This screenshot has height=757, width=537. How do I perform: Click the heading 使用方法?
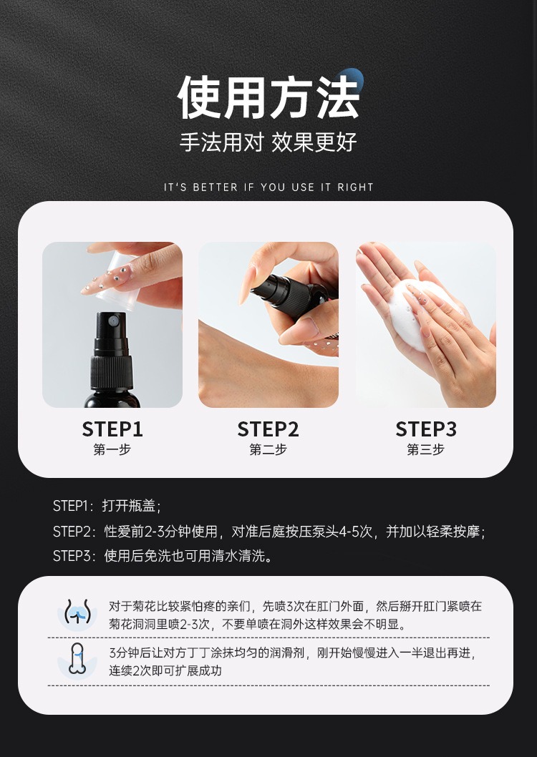(268, 98)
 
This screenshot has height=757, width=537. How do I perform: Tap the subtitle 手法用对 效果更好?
(268, 142)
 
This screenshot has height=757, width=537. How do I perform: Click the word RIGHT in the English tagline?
(355, 187)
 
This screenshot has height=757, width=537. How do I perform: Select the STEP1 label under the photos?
(112, 429)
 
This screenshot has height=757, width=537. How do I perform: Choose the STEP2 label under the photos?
(268, 429)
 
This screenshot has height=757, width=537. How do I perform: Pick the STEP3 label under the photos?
(426, 429)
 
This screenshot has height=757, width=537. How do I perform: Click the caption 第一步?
(112, 450)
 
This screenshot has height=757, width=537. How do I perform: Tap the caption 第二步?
(268, 450)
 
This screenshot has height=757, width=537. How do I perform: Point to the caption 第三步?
(426, 450)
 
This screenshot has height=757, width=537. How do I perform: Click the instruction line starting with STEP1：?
(107, 506)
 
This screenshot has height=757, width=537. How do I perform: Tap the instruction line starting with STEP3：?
(163, 556)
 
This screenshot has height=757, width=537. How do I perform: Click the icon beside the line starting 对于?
(77, 615)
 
